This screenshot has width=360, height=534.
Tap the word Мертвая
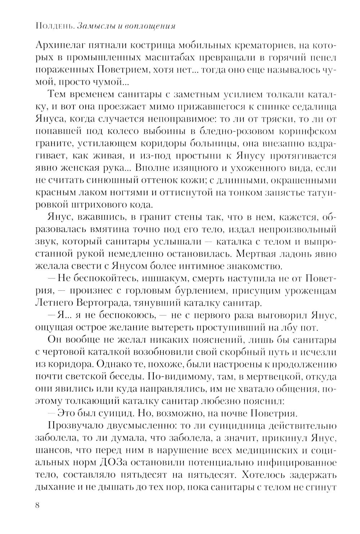coord(255,254)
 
